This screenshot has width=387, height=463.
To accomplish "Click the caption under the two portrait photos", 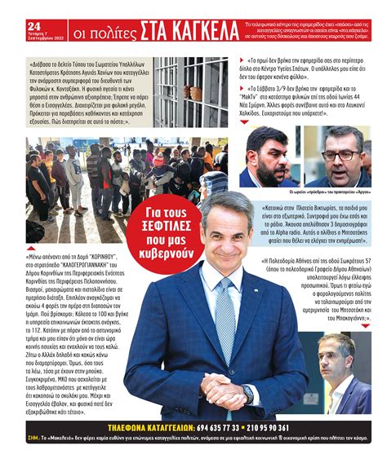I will tap(314, 194).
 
